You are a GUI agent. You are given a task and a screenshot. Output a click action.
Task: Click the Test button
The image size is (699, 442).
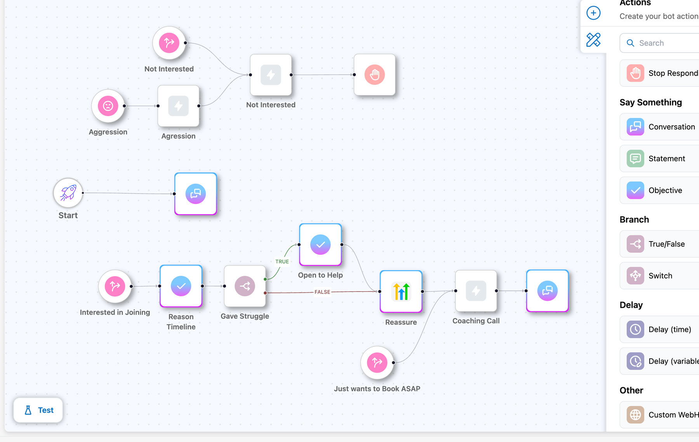coord(38,410)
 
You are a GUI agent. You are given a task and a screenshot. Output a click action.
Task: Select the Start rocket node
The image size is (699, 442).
coord(68,193)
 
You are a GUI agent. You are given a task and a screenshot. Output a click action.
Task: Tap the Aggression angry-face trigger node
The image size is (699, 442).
coord(108,106)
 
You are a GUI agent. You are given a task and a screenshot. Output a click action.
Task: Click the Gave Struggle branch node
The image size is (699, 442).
coord(245,286)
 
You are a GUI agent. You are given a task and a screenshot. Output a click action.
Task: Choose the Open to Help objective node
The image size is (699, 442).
coord(320,245)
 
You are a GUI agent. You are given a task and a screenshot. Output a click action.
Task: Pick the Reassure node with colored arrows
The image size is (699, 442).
coord(401,292)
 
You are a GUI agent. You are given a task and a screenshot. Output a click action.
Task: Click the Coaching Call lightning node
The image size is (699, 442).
coord(476,291)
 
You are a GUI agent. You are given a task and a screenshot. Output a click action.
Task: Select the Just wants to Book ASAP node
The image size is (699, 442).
coord(377,363)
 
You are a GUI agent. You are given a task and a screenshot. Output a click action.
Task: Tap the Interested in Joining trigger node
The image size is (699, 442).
coord(115,286)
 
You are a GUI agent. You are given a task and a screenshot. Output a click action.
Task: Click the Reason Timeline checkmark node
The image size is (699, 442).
coord(181,286)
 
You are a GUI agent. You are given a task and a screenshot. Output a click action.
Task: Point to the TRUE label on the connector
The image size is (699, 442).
coord(282,262)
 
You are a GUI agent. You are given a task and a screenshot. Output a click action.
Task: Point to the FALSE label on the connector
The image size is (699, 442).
coord(322,292)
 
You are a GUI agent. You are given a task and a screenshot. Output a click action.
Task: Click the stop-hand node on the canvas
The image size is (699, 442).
coord(375,74)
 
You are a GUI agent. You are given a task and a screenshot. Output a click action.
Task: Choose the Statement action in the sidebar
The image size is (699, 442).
coord(666,159)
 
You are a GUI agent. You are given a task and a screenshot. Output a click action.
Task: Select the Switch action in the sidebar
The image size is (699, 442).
coord(660,276)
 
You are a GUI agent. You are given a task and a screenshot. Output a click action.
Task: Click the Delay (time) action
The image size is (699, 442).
coord(669,330)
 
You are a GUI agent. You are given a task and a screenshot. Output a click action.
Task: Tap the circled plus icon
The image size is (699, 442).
coord(593,13)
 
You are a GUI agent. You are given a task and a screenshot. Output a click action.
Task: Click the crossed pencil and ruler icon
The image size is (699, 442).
coord(593,40)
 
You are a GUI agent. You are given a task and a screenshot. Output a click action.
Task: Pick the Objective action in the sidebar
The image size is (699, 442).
coord(665,190)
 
